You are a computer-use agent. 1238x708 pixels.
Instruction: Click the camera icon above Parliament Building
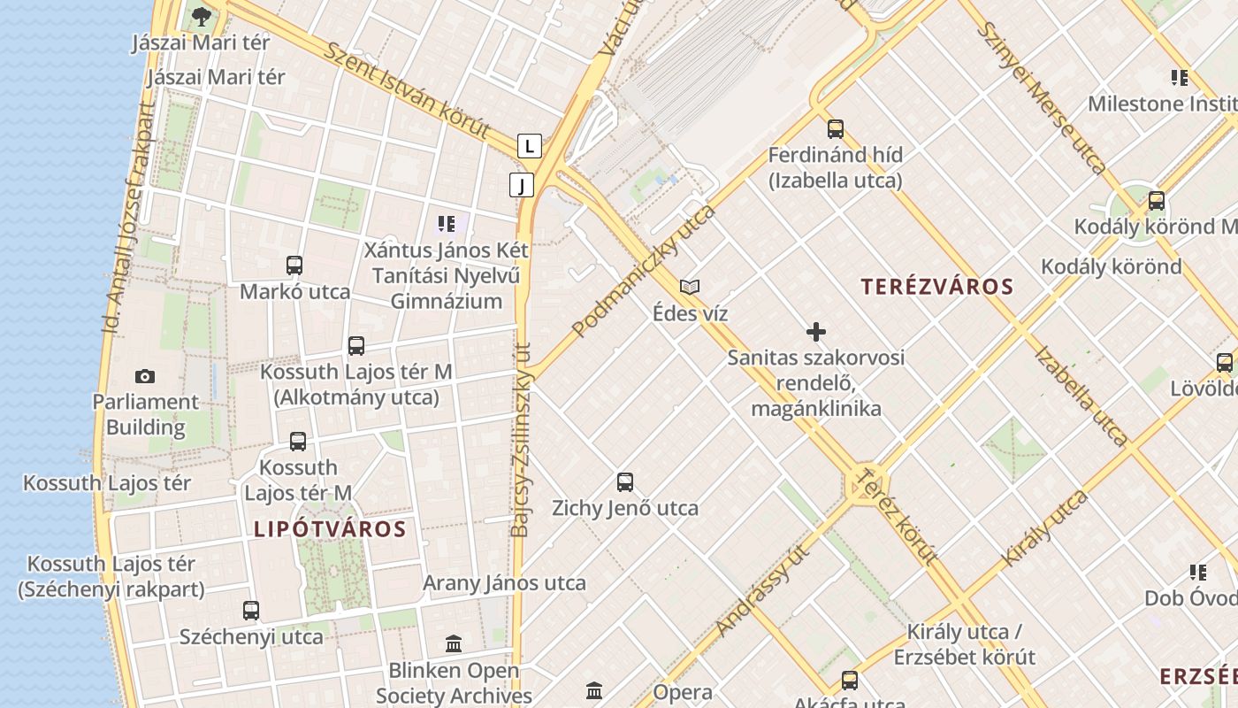pos(145,376)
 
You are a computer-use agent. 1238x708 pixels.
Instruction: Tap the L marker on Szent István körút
pos(529,145)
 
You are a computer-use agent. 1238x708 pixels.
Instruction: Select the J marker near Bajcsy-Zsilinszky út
pos(522,185)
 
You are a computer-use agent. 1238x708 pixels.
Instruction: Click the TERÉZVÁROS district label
pos(937,287)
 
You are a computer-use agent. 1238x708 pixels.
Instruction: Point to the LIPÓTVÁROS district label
pos(330,530)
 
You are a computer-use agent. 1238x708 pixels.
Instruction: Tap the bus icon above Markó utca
pos(294,265)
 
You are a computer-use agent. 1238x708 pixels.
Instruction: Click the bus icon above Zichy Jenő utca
pos(625,482)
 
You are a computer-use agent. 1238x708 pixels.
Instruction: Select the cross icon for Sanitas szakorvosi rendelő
pos(816,332)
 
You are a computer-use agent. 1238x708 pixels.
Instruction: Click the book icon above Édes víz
pos(690,287)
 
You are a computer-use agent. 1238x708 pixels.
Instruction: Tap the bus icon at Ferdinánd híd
pos(836,129)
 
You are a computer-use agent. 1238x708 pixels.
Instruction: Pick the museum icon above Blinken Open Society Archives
pos(454,643)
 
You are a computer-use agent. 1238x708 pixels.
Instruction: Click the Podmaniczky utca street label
pos(643,272)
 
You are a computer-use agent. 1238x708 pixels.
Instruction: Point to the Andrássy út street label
pos(763,590)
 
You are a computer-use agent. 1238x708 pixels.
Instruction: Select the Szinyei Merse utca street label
pos(1041,97)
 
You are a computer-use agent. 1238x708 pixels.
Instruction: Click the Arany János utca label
pos(504,583)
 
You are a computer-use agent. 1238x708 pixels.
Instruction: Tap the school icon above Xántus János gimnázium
pos(447,224)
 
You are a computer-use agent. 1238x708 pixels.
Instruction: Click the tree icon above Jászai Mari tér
pos(202,16)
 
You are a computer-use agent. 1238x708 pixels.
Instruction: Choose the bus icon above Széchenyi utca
pos(251,611)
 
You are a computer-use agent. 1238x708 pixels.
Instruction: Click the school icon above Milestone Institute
pos(1179,78)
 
